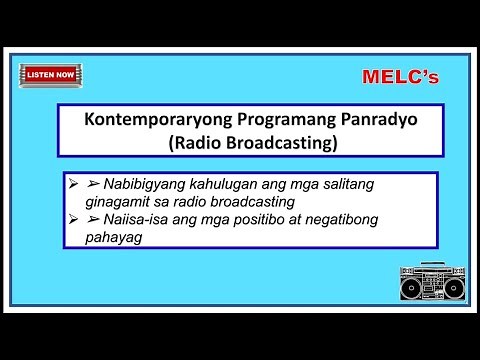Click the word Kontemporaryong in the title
point(147,119)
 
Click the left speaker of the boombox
point(411,288)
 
